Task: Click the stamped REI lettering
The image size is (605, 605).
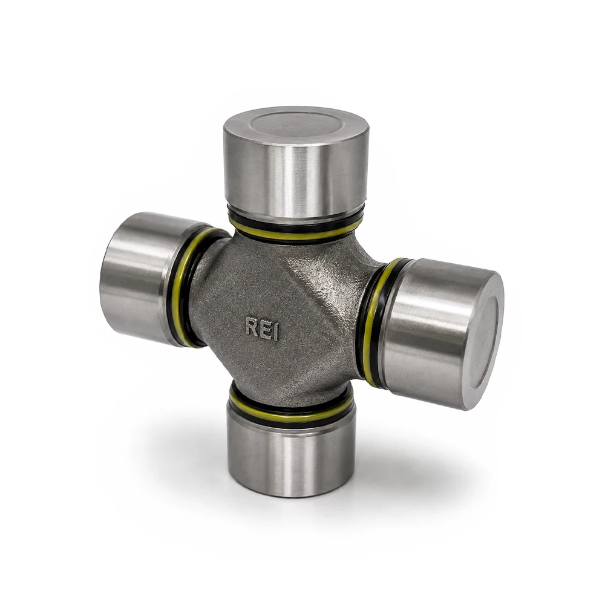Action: click(262, 329)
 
